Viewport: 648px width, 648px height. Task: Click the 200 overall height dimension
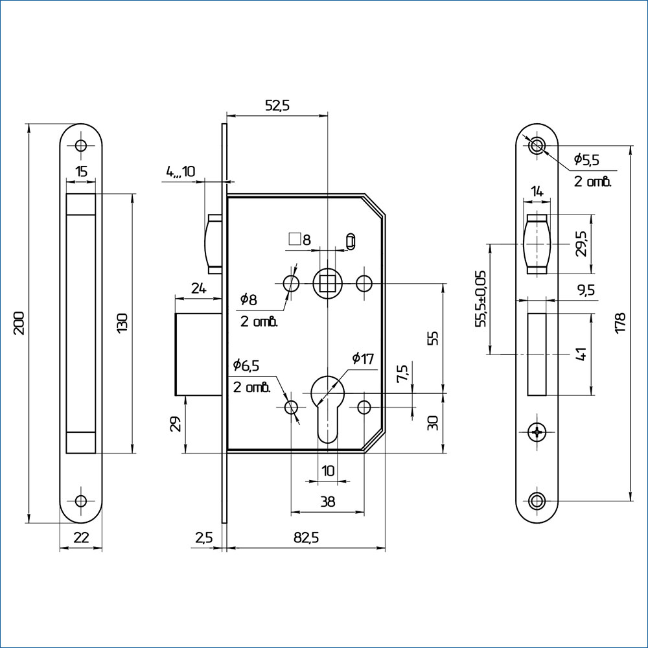click(x=19, y=322)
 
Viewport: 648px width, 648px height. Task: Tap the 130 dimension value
click(x=123, y=322)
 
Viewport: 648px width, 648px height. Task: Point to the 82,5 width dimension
click(x=305, y=538)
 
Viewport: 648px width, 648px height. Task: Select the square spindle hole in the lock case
click(x=328, y=283)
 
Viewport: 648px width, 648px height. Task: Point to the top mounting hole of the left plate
click(x=81, y=145)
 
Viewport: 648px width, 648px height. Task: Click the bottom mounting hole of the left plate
click(x=81, y=500)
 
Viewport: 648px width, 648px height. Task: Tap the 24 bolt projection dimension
click(x=199, y=289)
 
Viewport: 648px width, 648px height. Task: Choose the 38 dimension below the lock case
click(x=328, y=501)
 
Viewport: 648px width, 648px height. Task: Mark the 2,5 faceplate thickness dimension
click(x=203, y=538)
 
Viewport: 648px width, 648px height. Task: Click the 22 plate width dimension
click(x=81, y=538)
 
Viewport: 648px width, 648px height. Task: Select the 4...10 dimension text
click(x=180, y=172)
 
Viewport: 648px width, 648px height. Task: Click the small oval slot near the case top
click(x=351, y=240)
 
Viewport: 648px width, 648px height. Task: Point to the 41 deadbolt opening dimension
click(x=581, y=354)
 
